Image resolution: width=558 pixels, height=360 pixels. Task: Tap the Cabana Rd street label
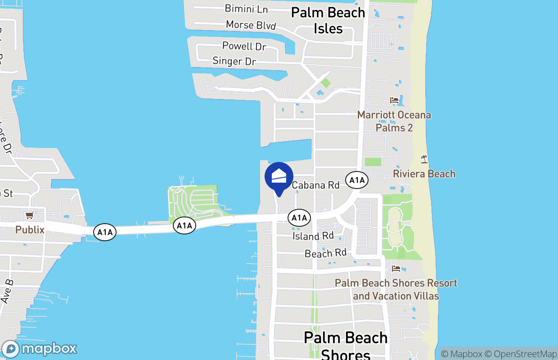[x=315, y=185]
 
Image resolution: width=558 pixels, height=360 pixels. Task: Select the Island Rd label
[x=313, y=236]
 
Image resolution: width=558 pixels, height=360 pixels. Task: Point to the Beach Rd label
[x=325, y=253]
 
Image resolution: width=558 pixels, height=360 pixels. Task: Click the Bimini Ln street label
[x=246, y=9]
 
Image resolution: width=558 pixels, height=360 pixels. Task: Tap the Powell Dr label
[x=244, y=46]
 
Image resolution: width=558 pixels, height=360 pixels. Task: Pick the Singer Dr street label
[x=234, y=61]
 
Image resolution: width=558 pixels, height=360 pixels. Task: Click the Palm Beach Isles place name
[x=328, y=20]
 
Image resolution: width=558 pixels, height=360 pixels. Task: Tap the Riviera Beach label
[x=424, y=174]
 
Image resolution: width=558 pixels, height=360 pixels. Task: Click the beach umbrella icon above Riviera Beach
[x=424, y=159]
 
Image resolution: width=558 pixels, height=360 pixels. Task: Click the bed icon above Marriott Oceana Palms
[x=394, y=100]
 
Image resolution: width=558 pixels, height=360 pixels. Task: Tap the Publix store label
[x=30, y=230]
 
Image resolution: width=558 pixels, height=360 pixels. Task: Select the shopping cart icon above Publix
[x=30, y=215]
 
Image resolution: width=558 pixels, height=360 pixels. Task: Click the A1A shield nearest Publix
[x=104, y=232]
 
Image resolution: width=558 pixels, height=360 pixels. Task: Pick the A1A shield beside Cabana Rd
[x=357, y=181]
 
